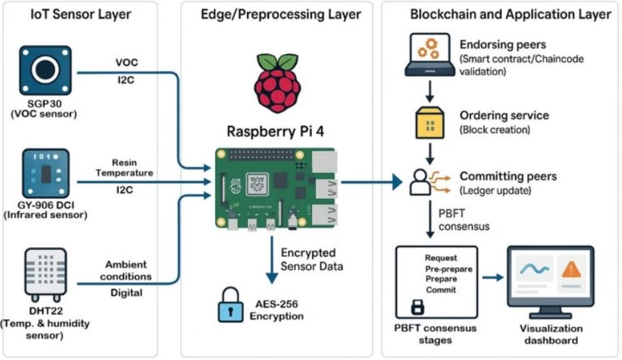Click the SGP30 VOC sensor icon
[x=45, y=70]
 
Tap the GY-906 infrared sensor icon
[x=46, y=174]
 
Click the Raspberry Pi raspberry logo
[x=278, y=83]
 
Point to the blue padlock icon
[x=230, y=305]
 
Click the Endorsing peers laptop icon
[x=430, y=55]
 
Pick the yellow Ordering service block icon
[x=430, y=123]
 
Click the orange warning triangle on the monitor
[x=571, y=269]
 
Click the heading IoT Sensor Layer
[x=80, y=14]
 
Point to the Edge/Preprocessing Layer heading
[x=281, y=15]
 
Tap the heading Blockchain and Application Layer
[x=511, y=15]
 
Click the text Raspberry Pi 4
[x=276, y=132]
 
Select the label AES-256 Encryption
[x=276, y=310]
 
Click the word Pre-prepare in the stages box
[x=448, y=269]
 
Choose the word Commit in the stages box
[x=441, y=290]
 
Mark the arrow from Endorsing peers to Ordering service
[x=430, y=91]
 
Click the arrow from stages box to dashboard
[x=493, y=278]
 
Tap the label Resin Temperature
[x=124, y=168]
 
